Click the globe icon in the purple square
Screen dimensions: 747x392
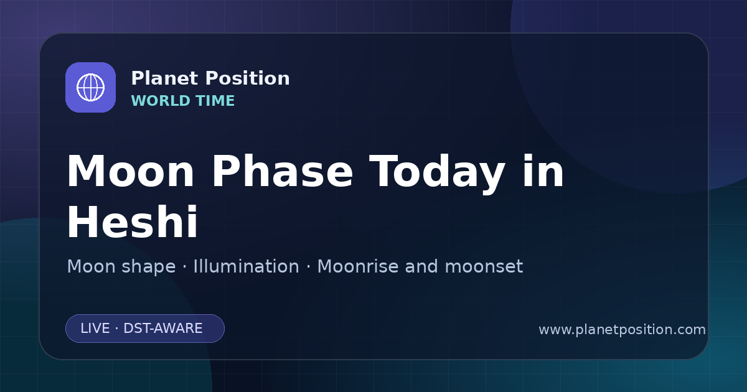(90, 87)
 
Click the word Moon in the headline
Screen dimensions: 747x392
(130, 171)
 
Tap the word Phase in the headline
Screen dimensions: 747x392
(282, 171)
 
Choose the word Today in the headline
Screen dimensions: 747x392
(437, 174)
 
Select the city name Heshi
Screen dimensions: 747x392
(133, 222)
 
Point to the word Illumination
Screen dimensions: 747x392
(246, 266)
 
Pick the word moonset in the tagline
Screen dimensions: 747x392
(484, 268)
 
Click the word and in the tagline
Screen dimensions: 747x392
(421, 266)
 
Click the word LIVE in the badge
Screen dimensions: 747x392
(95, 329)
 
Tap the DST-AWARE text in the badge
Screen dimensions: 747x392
(162, 329)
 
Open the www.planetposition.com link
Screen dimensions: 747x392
(622, 330)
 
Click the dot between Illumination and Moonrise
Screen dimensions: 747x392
(309, 267)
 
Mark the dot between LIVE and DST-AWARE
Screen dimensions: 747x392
(116, 329)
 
